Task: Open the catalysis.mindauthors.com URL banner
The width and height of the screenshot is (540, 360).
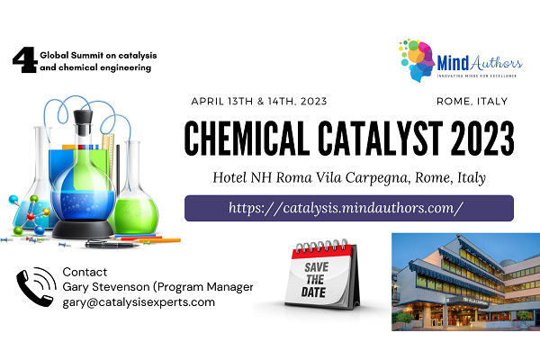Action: click(x=348, y=208)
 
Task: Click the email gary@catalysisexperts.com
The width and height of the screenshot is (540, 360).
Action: click(x=139, y=302)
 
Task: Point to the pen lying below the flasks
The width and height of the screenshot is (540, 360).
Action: click(x=117, y=243)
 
